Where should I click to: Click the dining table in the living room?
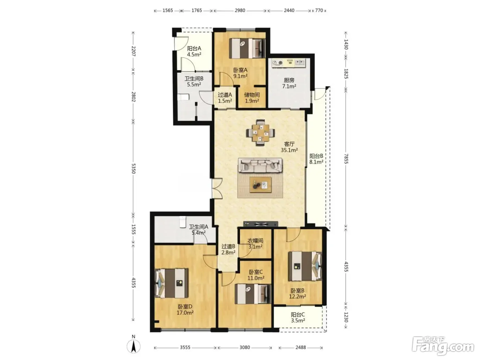tap(260, 132)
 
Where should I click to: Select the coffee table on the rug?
tap(260, 185)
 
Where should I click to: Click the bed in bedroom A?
tap(247, 48)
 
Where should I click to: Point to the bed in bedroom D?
tap(171, 283)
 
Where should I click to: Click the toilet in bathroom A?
tap(182, 222)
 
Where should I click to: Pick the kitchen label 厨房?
tap(289, 80)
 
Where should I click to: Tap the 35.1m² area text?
tap(289, 150)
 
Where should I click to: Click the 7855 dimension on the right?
tap(346, 159)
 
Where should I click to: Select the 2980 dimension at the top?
tap(240, 11)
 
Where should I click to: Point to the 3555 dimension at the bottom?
tap(185, 347)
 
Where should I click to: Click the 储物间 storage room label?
tap(252, 95)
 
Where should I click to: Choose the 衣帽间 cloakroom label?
tap(255, 241)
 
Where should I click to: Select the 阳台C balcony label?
tap(298, 314)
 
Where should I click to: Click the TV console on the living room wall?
tap(261, 224)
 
